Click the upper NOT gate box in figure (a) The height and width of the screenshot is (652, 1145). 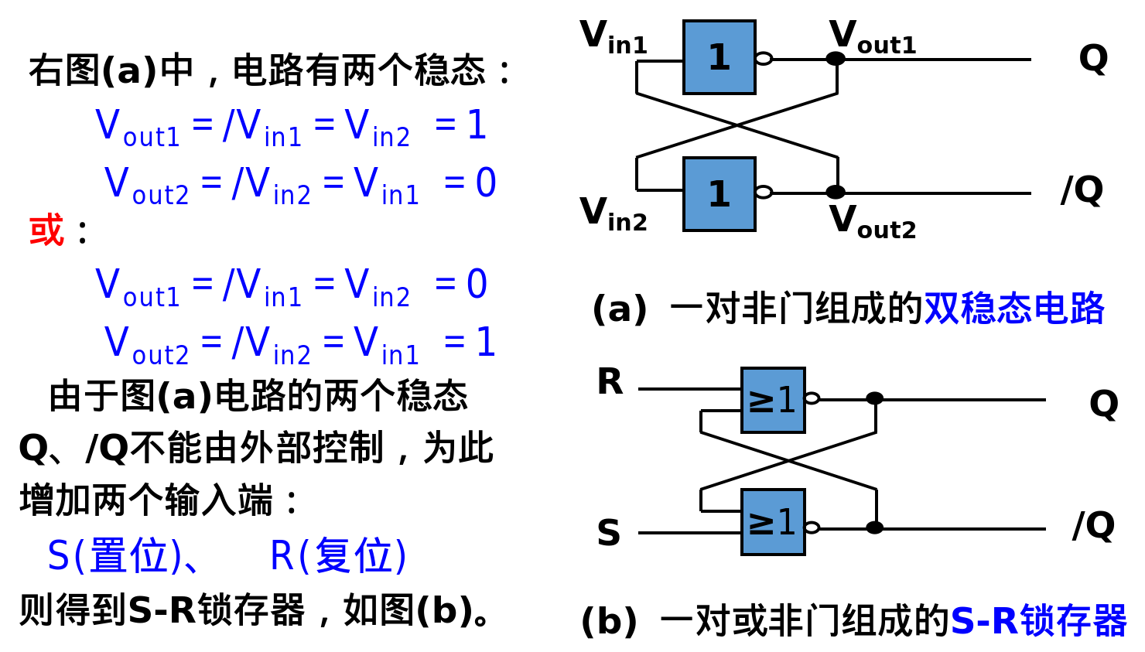coord(719,57)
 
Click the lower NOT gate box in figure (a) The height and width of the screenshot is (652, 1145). coord(719,193)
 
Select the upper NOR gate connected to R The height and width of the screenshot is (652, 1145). coord(772,400)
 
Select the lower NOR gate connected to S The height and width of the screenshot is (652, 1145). coord(772,522)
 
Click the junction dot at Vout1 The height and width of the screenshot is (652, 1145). coord(836,59)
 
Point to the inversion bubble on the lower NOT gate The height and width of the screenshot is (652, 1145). coord(764,192)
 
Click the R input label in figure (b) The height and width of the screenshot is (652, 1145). coord(610,382)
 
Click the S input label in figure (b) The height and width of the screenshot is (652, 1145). coord(609,534)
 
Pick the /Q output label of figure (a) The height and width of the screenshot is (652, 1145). coord(1082,190)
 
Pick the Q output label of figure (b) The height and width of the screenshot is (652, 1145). coord(1103,404)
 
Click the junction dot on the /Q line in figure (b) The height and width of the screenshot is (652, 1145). coord(874,527)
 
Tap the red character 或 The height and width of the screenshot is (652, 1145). coord(46,230)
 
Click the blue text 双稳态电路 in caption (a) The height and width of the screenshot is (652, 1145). coord(1013,309)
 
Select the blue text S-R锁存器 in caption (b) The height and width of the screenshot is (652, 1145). coord(1038,621)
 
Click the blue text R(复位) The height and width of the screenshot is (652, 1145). coord(338,555)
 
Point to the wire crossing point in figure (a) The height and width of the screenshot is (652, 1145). coord(737,125)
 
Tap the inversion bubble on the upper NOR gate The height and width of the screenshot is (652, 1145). coord(811,398)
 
